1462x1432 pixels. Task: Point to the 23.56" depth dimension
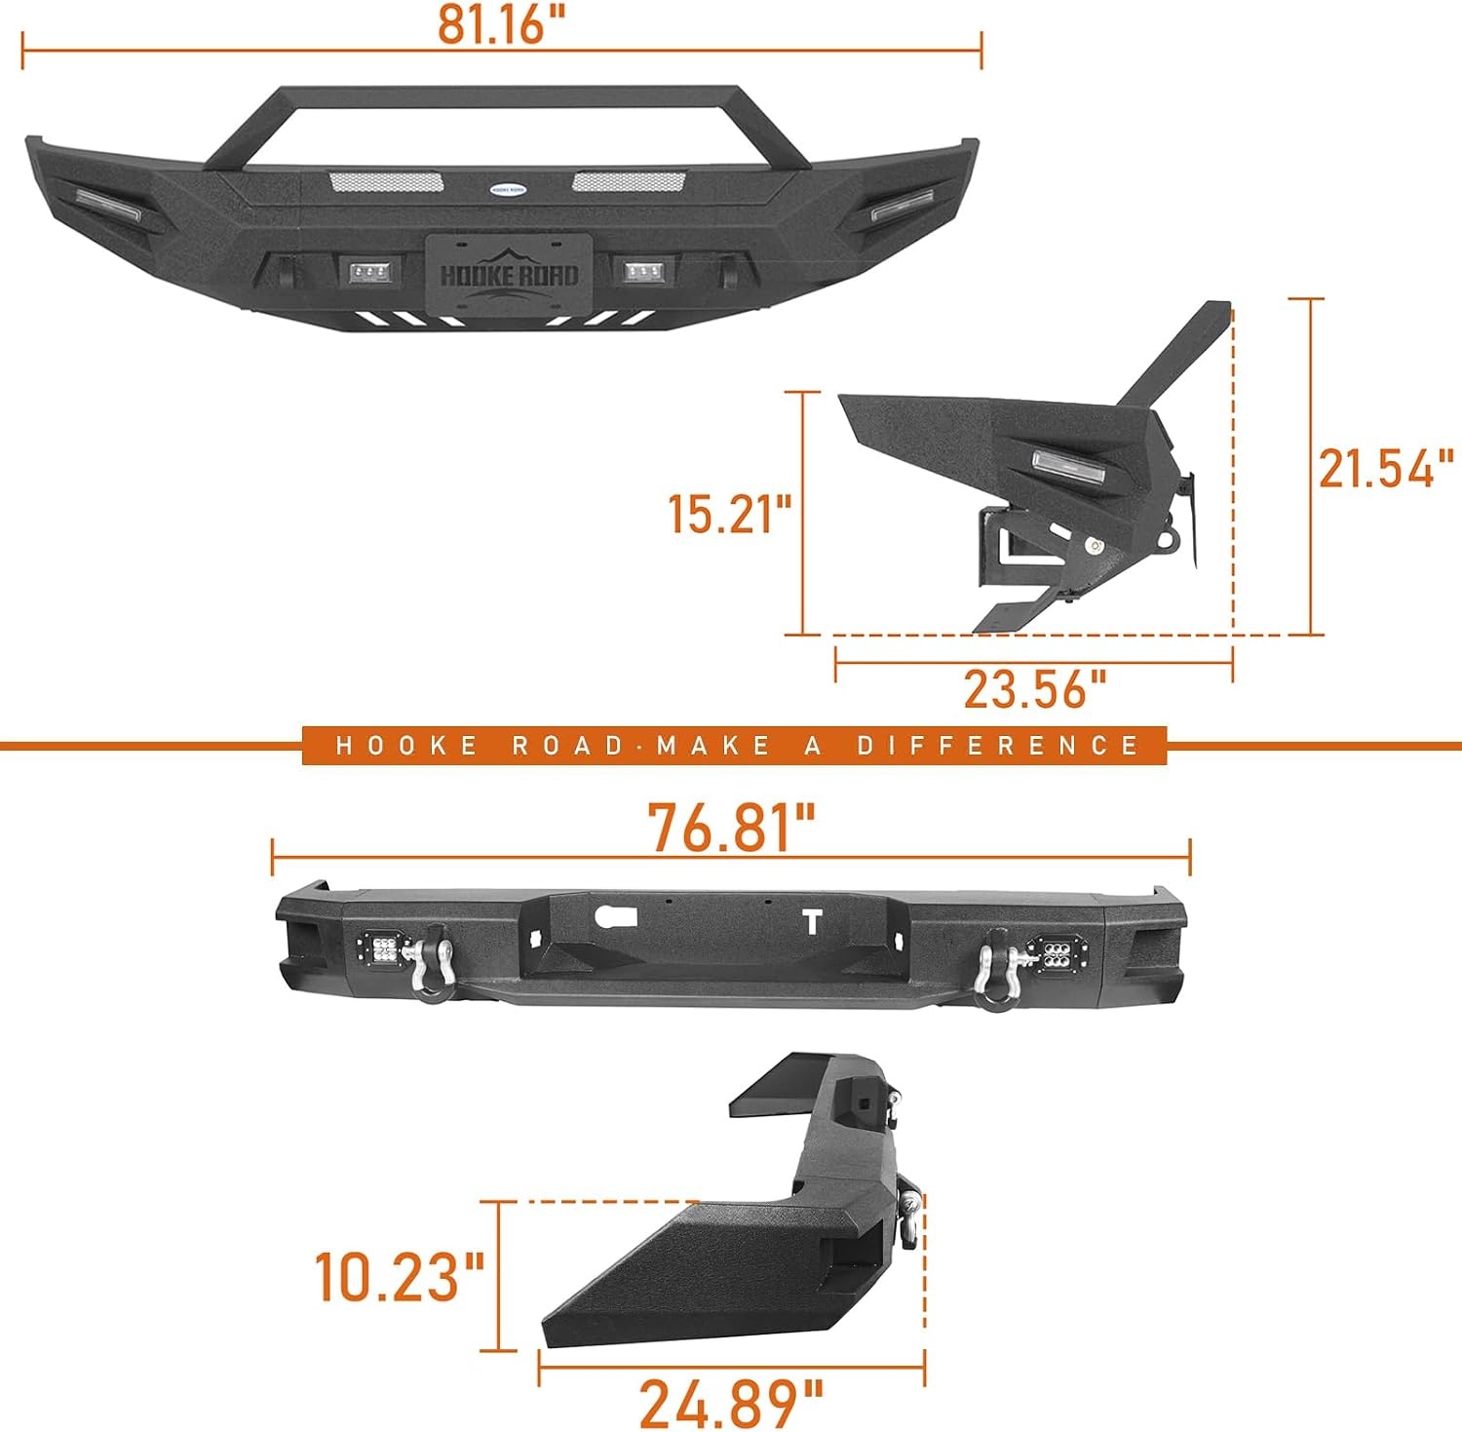pos(1035,688)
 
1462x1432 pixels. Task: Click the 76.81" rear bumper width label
pos(731,828)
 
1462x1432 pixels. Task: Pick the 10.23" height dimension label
pos(399,1276)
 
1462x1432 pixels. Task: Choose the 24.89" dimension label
pos(731,1404)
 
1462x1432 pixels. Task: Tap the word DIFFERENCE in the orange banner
pos(998,746)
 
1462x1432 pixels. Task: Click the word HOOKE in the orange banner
pos(406,746)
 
